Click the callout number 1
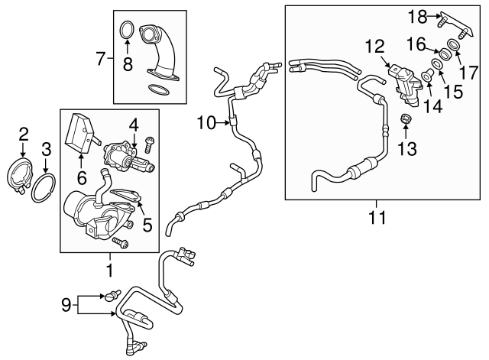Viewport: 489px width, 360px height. tap(108, 269)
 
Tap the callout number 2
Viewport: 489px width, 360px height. tap(24, 135)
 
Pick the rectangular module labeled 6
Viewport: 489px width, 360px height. tap(79, 135)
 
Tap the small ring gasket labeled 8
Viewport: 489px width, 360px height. tap(128, 32)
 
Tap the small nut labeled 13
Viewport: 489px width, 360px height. tap(406, 119)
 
